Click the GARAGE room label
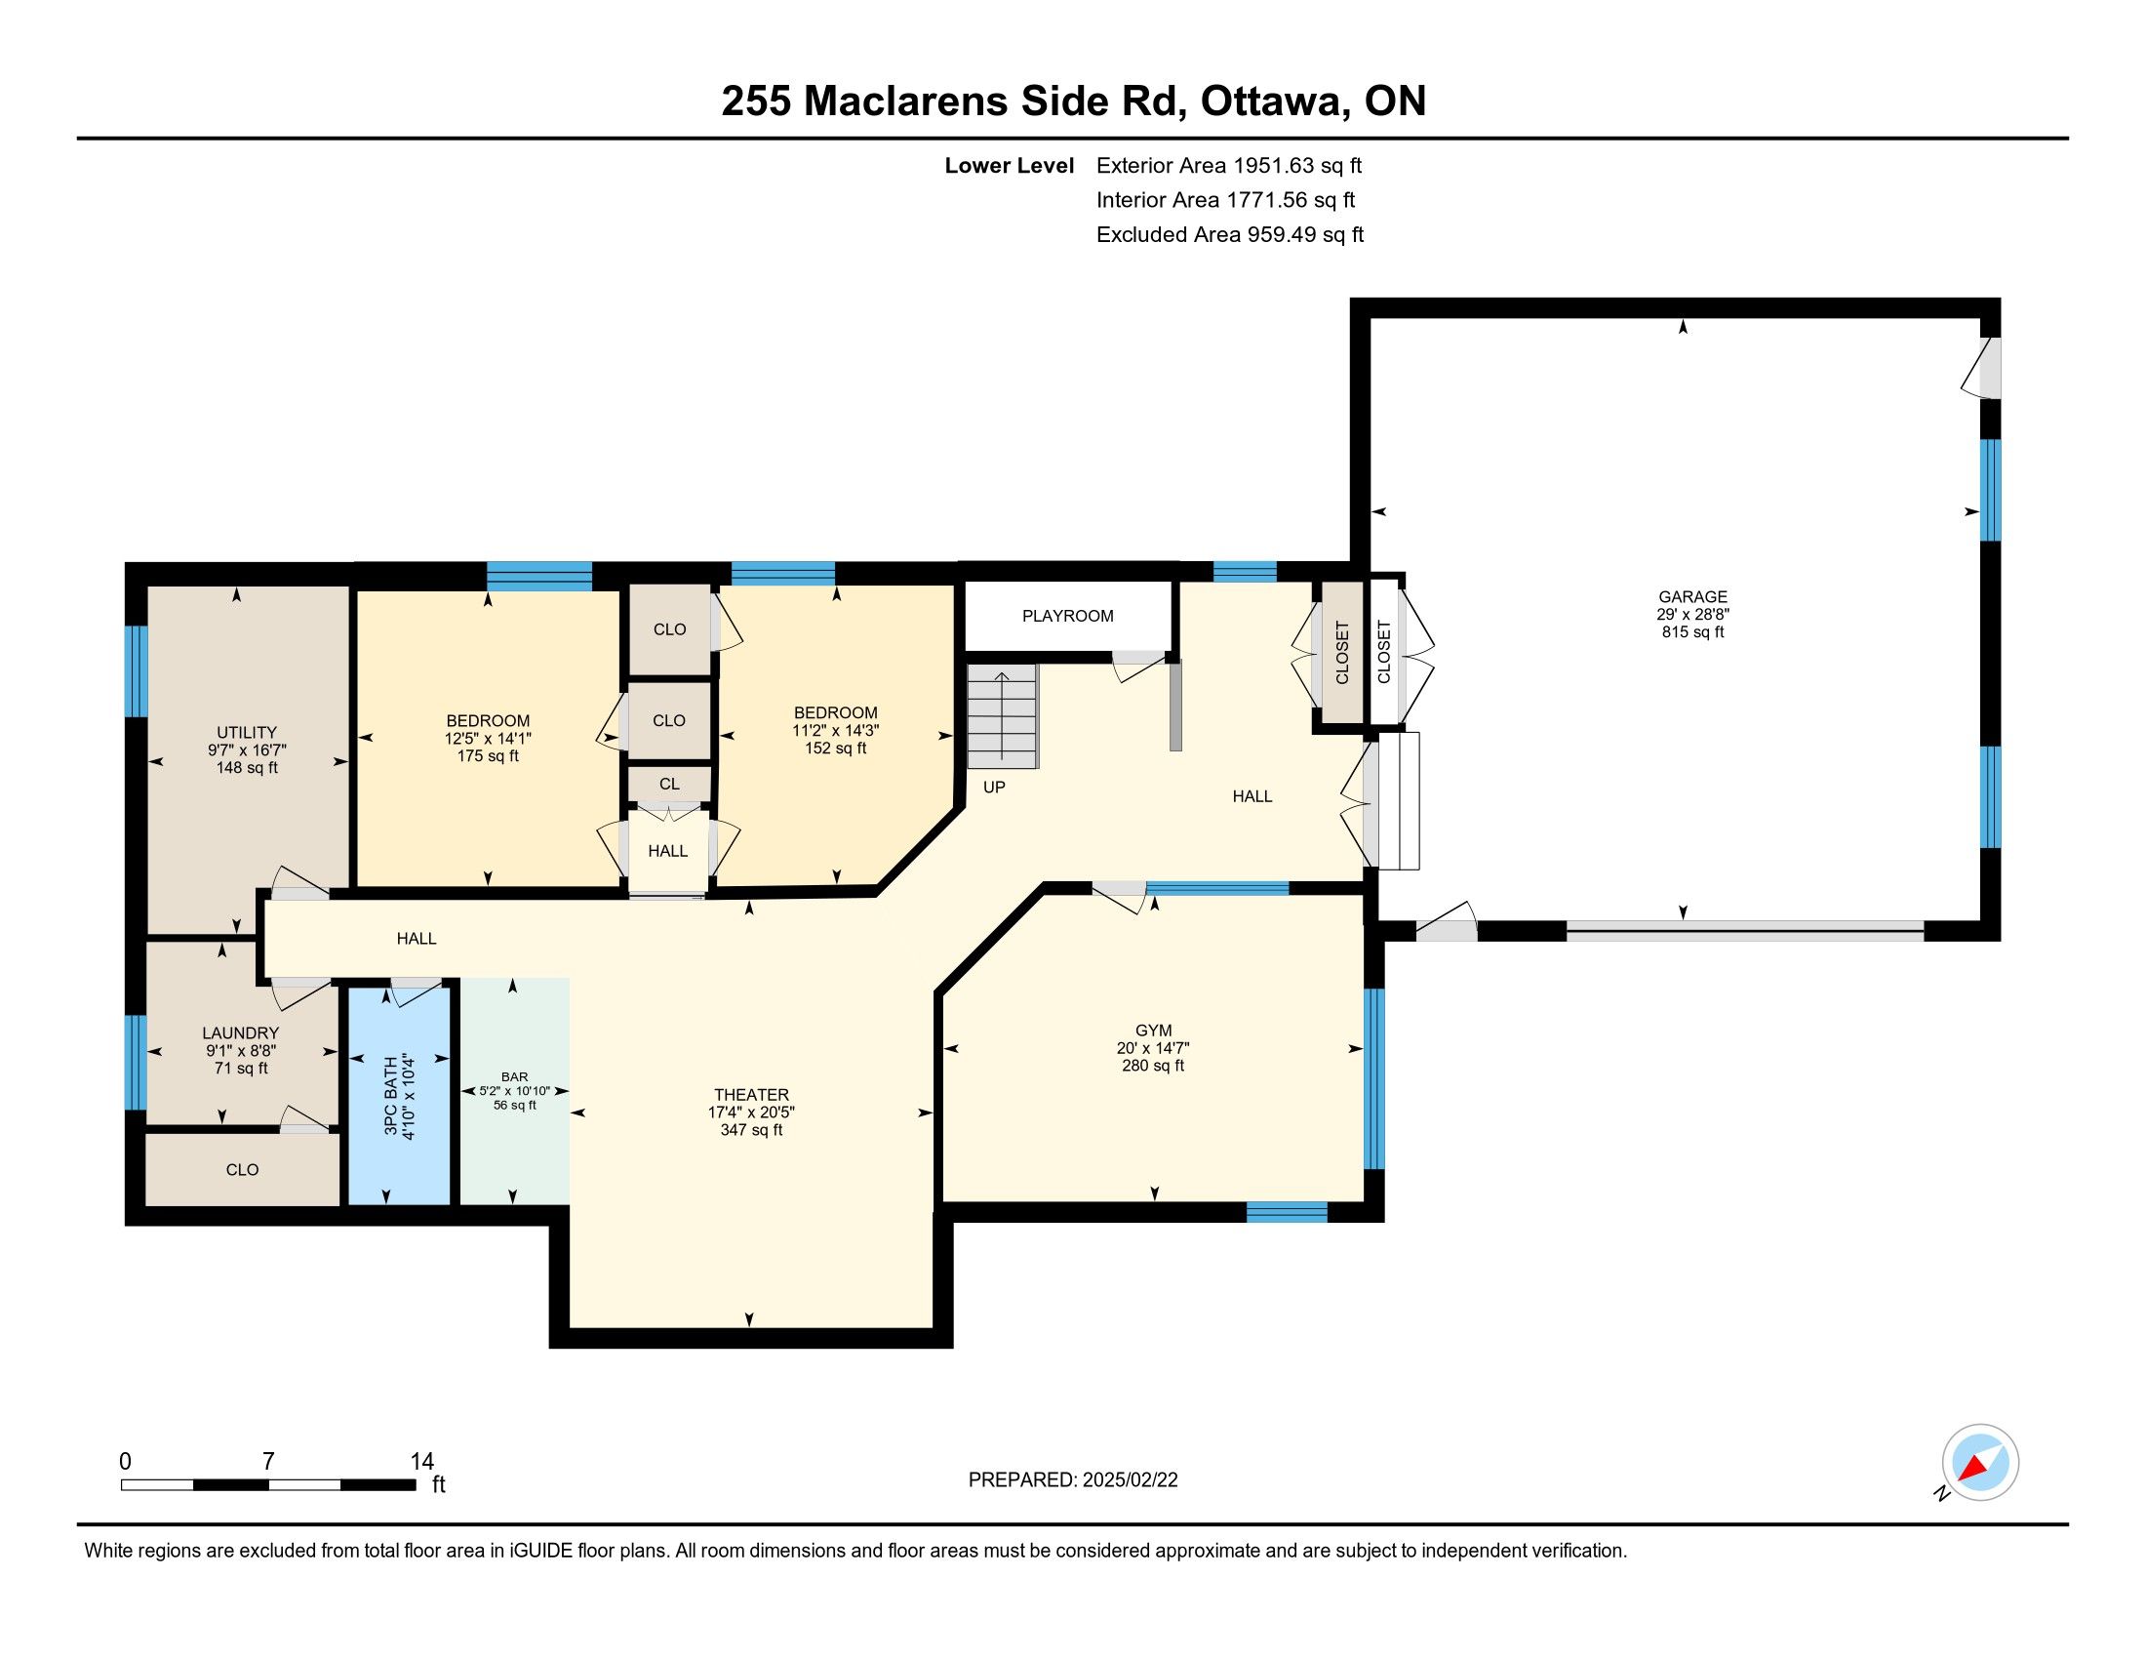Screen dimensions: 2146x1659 click(x=1692, y=596)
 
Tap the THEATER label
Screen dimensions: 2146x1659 click(x=752, y=1095)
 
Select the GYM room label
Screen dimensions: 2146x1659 click(x=1154, y=1030)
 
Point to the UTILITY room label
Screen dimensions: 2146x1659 click(x=247, y=732)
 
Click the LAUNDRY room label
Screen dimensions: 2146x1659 click(x=241, y=1032)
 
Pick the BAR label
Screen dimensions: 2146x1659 click(x=515, y=1077)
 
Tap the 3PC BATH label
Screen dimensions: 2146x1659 click(x=391, y=1097)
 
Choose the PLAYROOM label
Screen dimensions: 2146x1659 click(x=1068, y=616)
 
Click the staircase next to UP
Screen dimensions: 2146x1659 click(x=1002, y=715)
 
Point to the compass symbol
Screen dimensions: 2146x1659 click(x=1980, y=1463)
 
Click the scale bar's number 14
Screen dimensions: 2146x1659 click(x=421, y=1462)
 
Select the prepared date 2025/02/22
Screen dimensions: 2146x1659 click(x=1130, y=1480)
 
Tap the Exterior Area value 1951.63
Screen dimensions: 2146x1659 click(x=1275, y=165)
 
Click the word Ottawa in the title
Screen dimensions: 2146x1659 click(x=1275, y=101)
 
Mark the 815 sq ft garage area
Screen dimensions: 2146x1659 click(x=1692, y=632)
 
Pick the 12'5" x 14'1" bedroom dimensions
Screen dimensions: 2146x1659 click(x=489, y=738)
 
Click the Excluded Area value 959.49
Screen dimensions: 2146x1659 click(x=1282, y=234)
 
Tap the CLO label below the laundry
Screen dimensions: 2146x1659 click(x=243, y=1169)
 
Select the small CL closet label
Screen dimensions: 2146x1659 click(x=669, y=785)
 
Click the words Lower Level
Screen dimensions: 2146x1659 click(x=1010, y=165)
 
